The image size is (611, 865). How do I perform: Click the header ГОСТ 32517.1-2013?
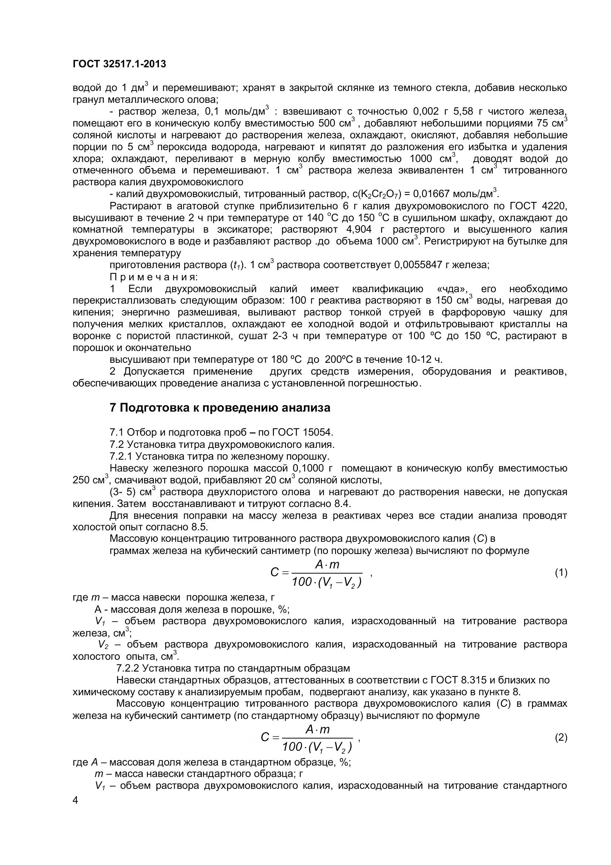click(119, 64)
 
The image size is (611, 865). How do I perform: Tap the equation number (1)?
click(561, 572)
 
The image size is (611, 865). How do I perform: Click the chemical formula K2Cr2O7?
click(377, 195)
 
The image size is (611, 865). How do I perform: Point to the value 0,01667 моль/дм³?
click(455, 194)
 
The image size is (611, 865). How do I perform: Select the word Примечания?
click(154, 277)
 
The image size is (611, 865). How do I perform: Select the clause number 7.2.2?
click(128, 668)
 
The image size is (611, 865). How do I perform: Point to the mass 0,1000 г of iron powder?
click(313, 468)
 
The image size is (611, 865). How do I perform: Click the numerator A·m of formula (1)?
click(327, 564)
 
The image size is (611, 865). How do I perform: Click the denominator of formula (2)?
click(317, 746)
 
